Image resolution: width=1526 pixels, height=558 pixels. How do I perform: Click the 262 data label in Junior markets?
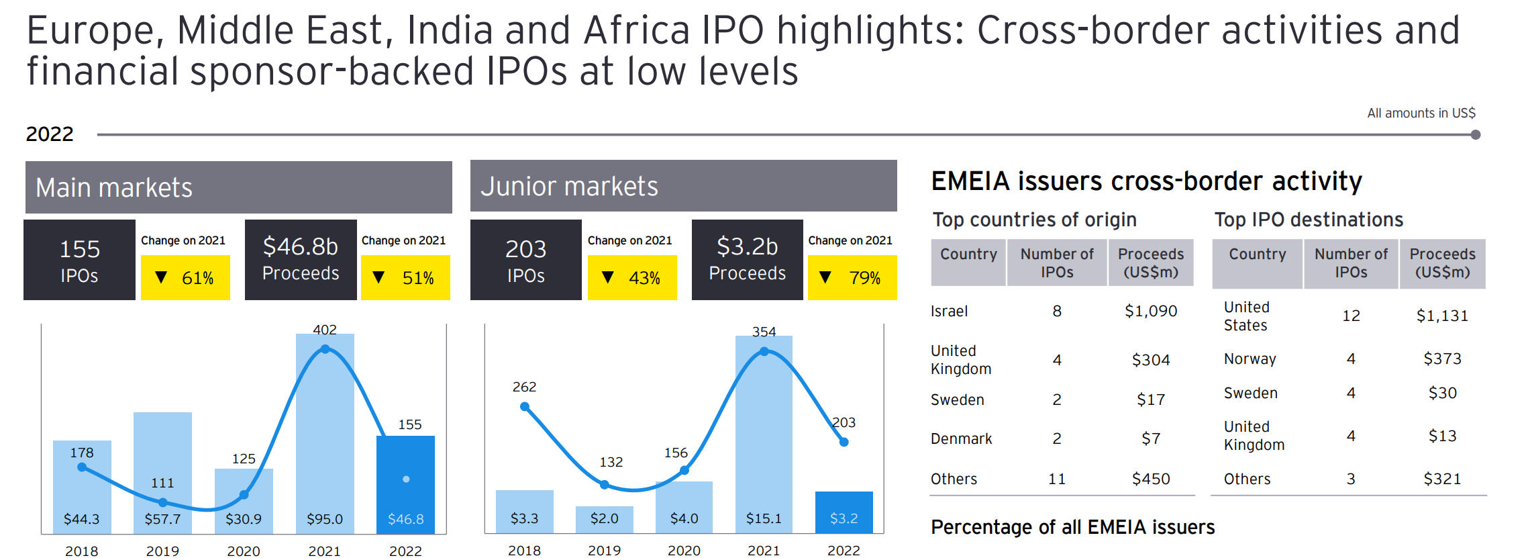click(x=524, y=387)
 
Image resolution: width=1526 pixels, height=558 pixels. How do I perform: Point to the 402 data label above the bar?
click(x=325, y=330)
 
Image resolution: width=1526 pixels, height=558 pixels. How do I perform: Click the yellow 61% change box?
click(x=185, y=277)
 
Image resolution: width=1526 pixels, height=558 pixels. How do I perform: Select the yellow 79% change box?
click(x=852, y=277)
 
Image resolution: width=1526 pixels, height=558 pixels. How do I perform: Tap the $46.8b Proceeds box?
click(x=301, y=259)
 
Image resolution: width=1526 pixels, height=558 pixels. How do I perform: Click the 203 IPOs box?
click(x=526, y=260)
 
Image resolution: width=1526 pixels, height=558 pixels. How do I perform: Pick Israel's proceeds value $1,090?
click(x=1151, y=311)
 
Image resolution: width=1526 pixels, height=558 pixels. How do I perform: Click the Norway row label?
click(x=1250, y=359)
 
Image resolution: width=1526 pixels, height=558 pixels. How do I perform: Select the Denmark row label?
click(x=961, y=438)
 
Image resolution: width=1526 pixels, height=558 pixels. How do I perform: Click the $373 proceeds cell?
click(x=1442, y=359)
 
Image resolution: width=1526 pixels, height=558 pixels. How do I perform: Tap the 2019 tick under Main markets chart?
click(x=162, y=551)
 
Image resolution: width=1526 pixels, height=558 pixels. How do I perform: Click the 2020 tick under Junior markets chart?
click(x=684, y=550)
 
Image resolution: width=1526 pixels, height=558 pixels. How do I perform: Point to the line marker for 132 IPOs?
click(x=605, y=484)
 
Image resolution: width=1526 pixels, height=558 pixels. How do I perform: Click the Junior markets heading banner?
click(x=683, y=186)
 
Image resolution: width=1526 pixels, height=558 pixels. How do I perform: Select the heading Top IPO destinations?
click(x=1309, y=220)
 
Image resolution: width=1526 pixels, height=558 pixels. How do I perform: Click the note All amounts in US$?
click(x=1421, y=113)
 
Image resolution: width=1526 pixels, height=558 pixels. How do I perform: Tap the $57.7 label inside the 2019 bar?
click(x=162, y=519)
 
